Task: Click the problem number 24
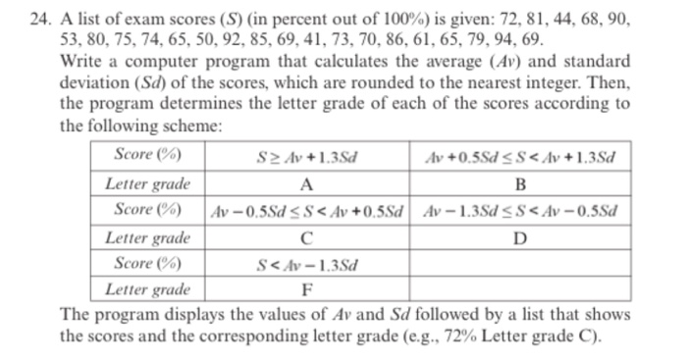point(39,20)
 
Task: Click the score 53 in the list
point(70,39)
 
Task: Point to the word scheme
point(193,123)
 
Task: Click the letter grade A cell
point(307,183)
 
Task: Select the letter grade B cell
point(520,183)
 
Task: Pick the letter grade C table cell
point(307,237)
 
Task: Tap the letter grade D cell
point(520,237)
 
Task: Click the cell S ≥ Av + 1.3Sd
point(307,156)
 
